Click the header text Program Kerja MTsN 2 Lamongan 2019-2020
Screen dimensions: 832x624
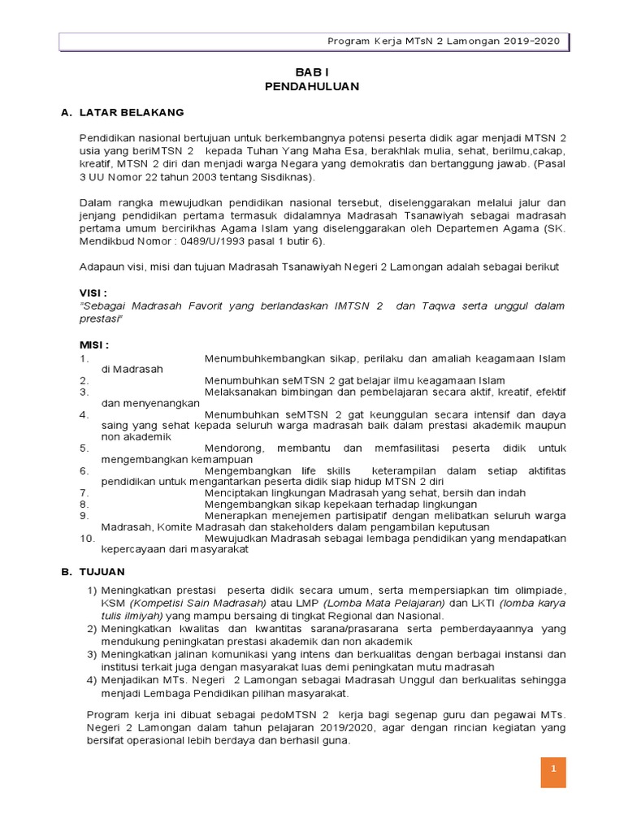(443, 42)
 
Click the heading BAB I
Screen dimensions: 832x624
(312, 72)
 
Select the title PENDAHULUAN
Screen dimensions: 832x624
(312, 86)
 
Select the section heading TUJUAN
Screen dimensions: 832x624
(102, 573)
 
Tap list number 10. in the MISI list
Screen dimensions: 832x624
(88, 538)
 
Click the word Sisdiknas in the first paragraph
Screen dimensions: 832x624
(288, 175)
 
